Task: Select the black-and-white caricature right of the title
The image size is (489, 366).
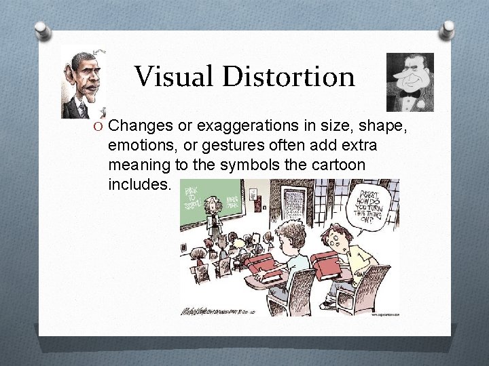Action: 410,81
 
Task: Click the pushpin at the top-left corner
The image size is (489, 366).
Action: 41,30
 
